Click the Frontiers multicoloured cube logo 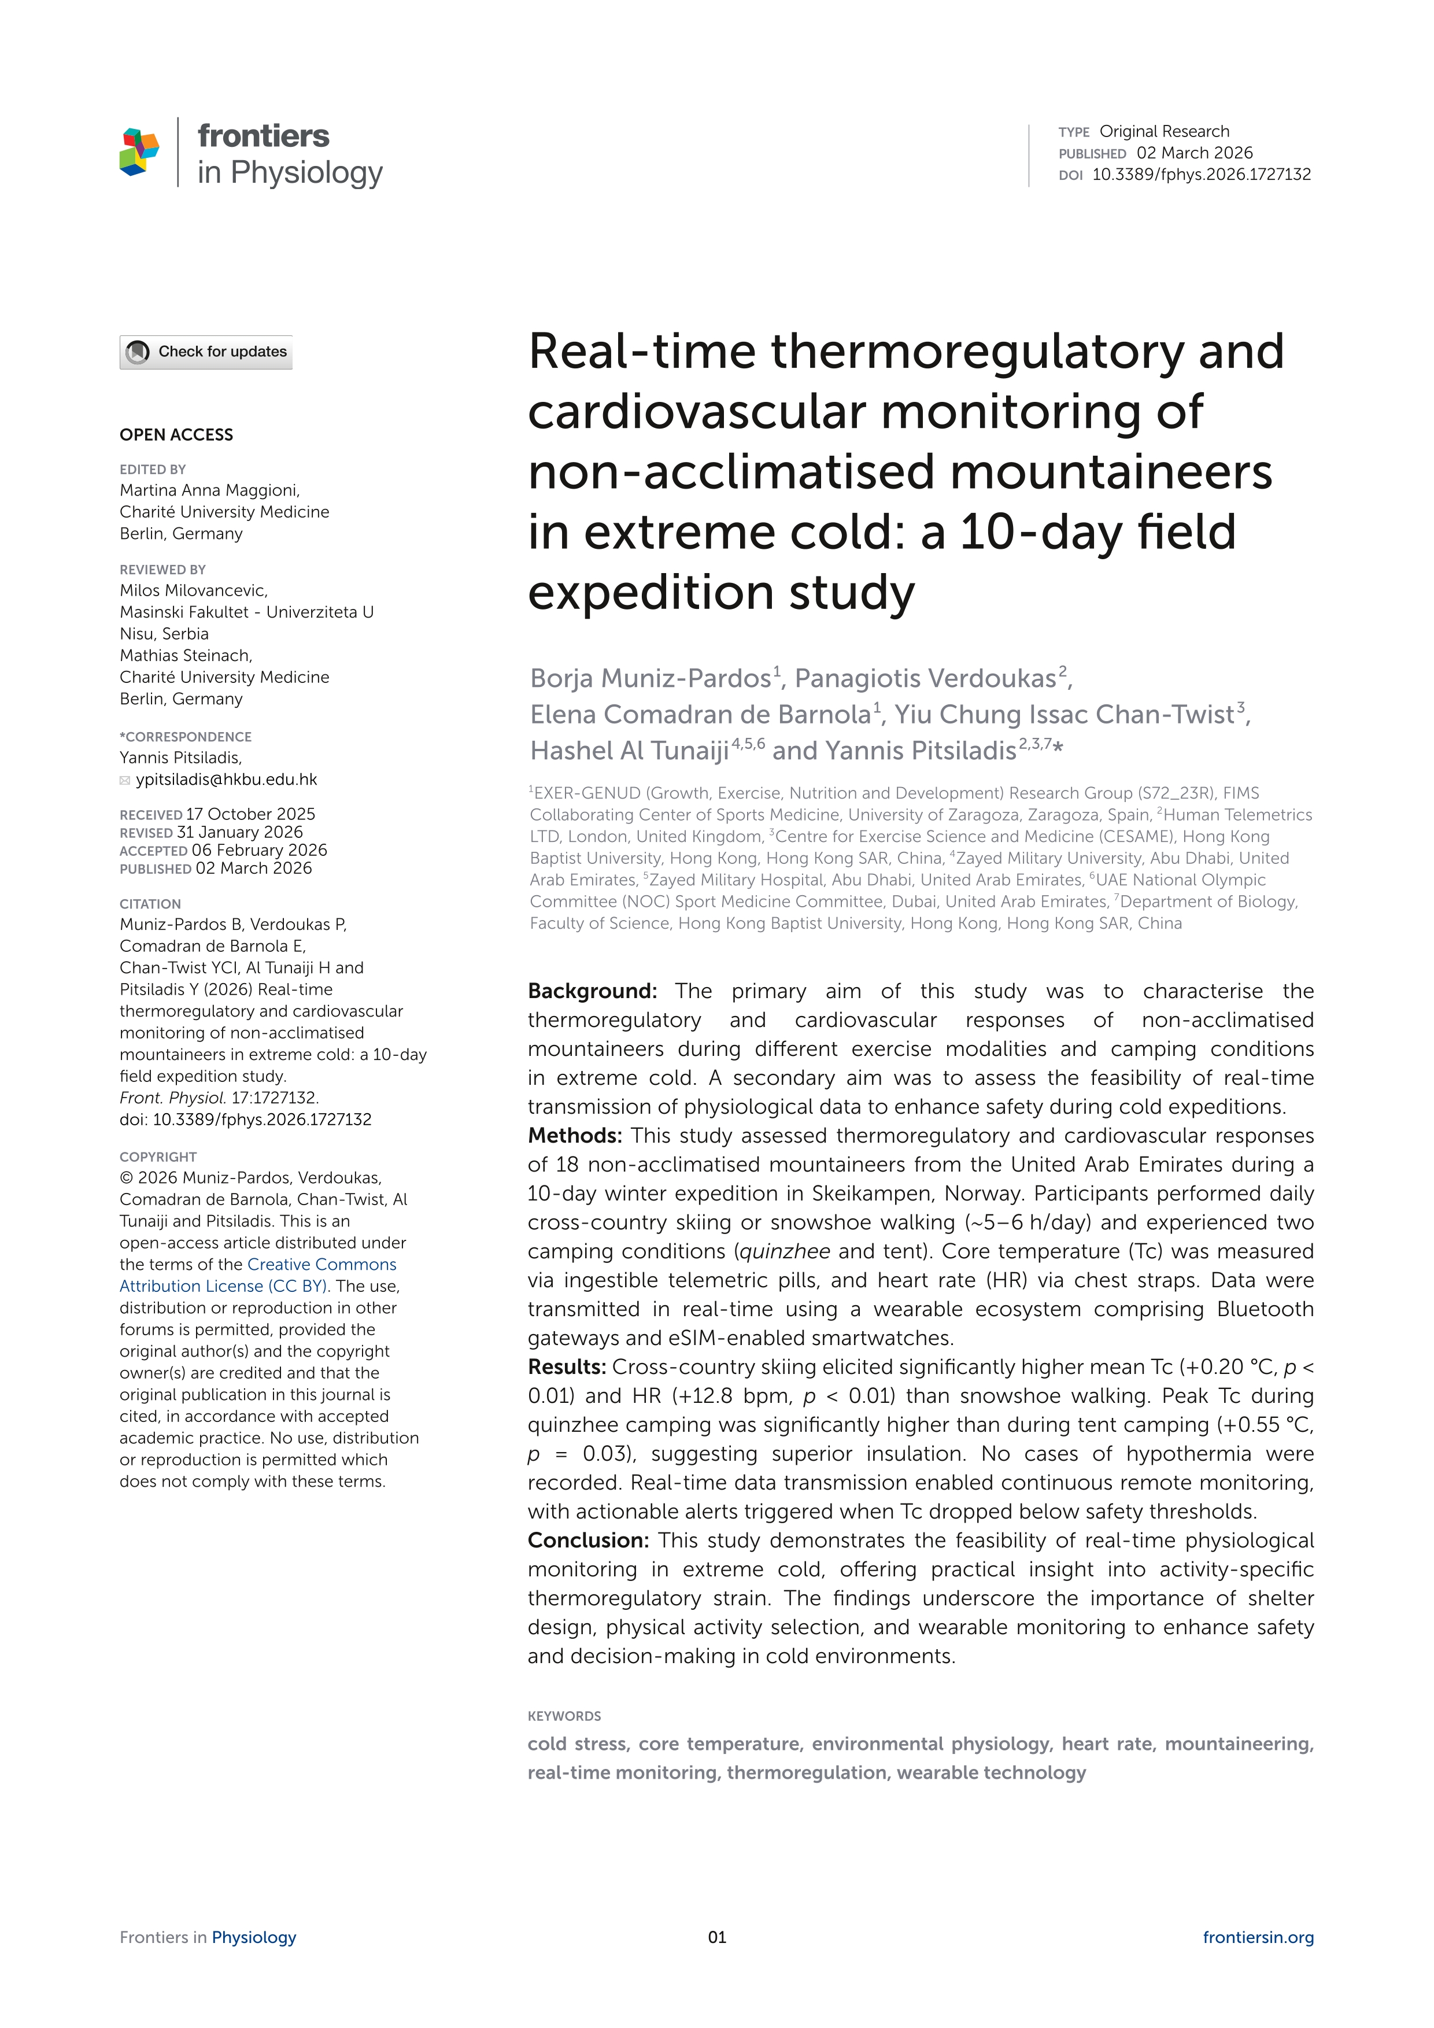pos(139,152)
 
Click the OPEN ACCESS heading pos(176,435)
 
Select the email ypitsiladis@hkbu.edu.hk pos(226,779)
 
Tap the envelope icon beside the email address pos(125,780)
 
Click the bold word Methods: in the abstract pos(575,1136)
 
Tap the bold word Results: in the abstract pos(567,1367)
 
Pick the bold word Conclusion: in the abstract pos(588,1541)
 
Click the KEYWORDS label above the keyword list pos(564,1716)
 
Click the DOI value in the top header pos(1201,174)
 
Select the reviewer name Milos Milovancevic pos(193,590)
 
